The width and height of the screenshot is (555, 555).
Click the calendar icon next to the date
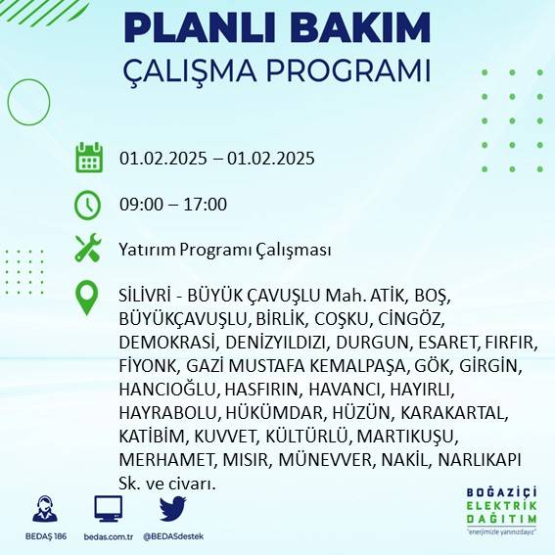[x=89, y=158]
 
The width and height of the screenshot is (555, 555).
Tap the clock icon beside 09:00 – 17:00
[x=88, y=205]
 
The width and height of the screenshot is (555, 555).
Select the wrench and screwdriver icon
[x=88, y=249]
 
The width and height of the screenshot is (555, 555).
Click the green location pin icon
[x=88, y=297]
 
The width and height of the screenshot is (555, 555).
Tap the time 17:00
[x=206, y=205]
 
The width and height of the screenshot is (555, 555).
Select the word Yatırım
[x=147, y=250]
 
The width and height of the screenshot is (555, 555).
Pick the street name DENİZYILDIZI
[x=275, y=343]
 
